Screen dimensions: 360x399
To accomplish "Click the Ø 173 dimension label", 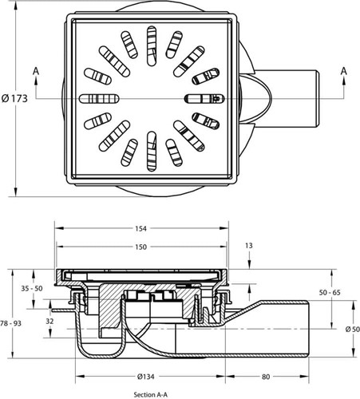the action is (x=14, y=99).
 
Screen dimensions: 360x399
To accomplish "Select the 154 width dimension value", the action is (x=140, y=228).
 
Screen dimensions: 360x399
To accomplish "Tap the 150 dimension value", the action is (x=140, y=247).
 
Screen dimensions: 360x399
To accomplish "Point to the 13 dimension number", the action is (x=249, y=246).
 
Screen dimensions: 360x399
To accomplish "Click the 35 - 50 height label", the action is (x=32, y=288).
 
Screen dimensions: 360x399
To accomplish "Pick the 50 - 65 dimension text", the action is (x=330, y=293).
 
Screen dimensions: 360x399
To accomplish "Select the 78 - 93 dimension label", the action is (x=10, y=323).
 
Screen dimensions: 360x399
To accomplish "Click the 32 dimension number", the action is (x=49, y=322).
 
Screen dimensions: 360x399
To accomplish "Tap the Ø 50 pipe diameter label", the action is (x=353, y=330).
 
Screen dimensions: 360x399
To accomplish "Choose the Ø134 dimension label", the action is (x=145, y=377).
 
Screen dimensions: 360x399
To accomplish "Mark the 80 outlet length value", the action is (x=266, y=377).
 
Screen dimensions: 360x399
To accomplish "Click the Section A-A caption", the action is (x=151, y=395).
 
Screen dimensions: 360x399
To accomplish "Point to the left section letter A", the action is (x=36, y=71).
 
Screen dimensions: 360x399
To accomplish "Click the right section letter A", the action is (x=344, y=71).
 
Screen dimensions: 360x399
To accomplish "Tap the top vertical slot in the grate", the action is (x=152, y=45).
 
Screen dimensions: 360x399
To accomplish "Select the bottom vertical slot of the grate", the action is (x=152, y=151).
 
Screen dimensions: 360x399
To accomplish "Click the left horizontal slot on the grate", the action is (x=100, y=98).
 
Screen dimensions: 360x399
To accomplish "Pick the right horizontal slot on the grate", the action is (x=204, y=98).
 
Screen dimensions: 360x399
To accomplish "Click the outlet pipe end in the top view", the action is (x=317, y=98).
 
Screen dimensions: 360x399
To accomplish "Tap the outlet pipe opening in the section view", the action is (x=308, y=330).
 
